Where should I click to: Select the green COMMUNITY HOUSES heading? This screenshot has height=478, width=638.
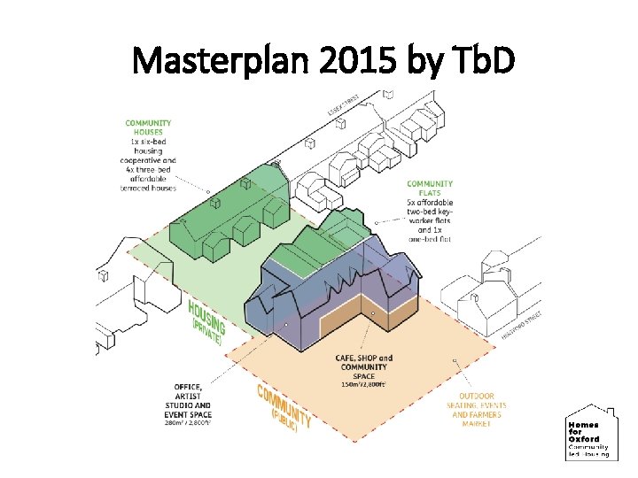click(149, 128)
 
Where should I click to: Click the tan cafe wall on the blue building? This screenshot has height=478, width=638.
click(354, 327)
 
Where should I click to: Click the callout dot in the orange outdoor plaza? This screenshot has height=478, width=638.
click(455, 361)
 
